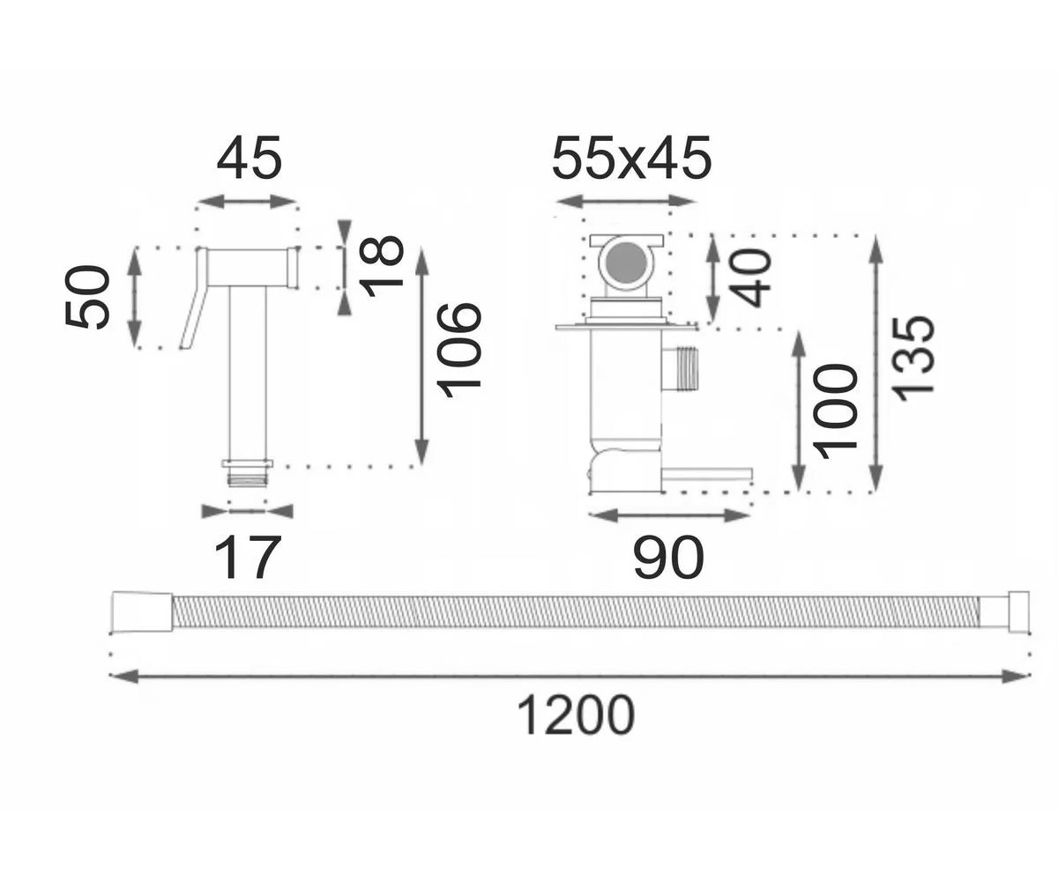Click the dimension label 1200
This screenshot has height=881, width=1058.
(576, 715)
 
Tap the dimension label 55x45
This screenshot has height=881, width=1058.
(631, 159)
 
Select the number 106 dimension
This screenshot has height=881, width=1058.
(459, 351)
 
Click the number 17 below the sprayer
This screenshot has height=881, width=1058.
(247, 558)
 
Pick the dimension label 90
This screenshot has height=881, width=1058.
(668, 558)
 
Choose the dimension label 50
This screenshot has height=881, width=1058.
(86, 297)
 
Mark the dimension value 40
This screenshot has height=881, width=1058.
(749, 278)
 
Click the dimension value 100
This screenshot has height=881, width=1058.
(835, 411)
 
